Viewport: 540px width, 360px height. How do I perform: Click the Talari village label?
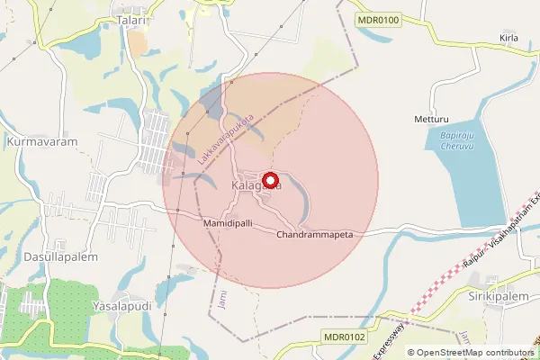tap(131, 17)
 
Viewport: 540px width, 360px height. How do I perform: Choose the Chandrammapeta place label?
tap(314, 234)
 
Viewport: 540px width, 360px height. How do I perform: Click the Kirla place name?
tap(509, 39)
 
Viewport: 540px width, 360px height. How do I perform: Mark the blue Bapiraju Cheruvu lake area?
tap(477, 180)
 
